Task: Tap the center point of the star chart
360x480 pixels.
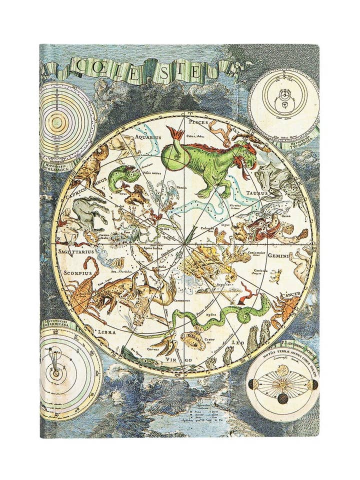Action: click(x=185, y=244)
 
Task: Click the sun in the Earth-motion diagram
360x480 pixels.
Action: click(x=283, y=384)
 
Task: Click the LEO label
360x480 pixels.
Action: click(x=238, y=343)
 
